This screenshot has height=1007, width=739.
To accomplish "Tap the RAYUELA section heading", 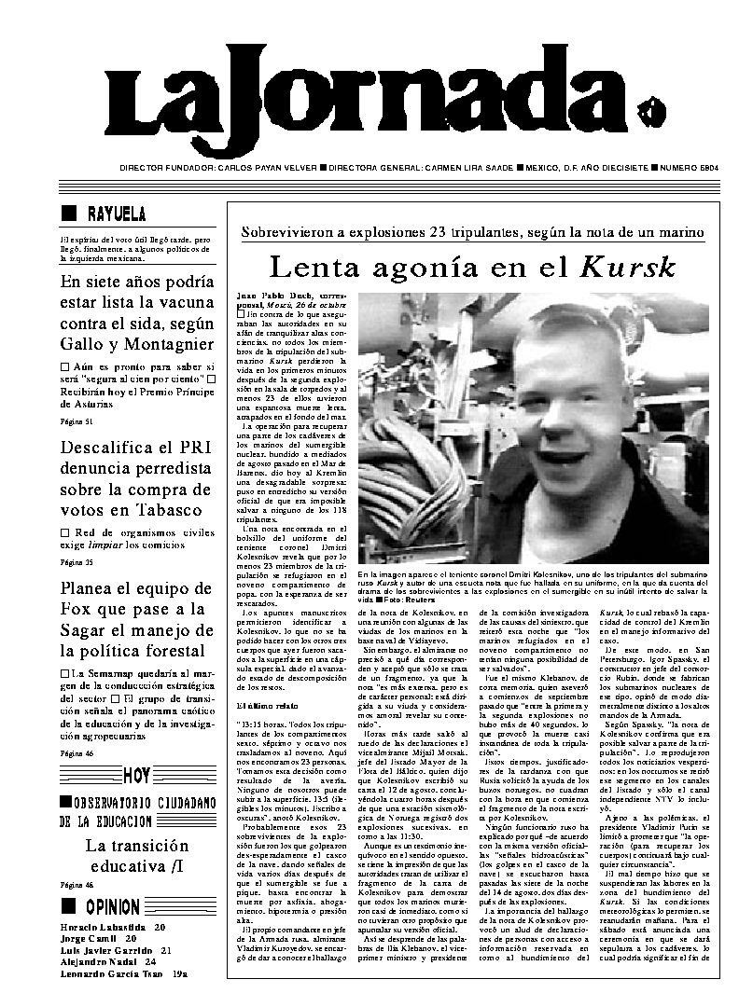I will (117, 212).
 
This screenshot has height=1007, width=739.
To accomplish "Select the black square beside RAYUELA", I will (68, 212).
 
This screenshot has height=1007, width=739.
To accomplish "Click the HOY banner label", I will (137, 775).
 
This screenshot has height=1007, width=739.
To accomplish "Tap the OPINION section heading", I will (113, 906).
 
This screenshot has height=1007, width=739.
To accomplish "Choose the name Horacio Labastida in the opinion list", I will (100, 928).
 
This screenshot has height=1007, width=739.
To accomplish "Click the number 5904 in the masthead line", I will (691, 169).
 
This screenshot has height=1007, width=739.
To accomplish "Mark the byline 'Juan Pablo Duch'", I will (266, 297).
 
